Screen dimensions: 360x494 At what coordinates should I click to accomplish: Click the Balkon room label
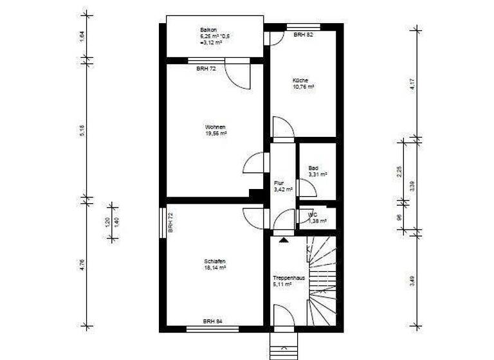208,30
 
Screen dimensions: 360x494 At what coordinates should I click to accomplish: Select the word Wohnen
215,127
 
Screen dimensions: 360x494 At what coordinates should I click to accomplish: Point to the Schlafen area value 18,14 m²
215,268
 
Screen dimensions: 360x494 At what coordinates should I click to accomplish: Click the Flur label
279,183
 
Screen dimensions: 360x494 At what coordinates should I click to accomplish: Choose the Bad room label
313,168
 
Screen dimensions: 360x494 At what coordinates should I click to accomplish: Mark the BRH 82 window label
303,35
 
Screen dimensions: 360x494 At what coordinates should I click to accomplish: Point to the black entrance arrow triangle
283,240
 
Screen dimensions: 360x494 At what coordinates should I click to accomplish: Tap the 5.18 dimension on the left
82,130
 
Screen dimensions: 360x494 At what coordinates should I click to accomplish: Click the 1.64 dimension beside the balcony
82,37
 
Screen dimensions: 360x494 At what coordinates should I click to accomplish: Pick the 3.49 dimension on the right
412,281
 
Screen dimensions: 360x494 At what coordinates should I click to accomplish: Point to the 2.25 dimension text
399,171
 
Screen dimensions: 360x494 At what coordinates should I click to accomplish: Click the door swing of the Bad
306,188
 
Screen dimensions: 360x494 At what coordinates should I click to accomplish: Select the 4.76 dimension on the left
82,264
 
